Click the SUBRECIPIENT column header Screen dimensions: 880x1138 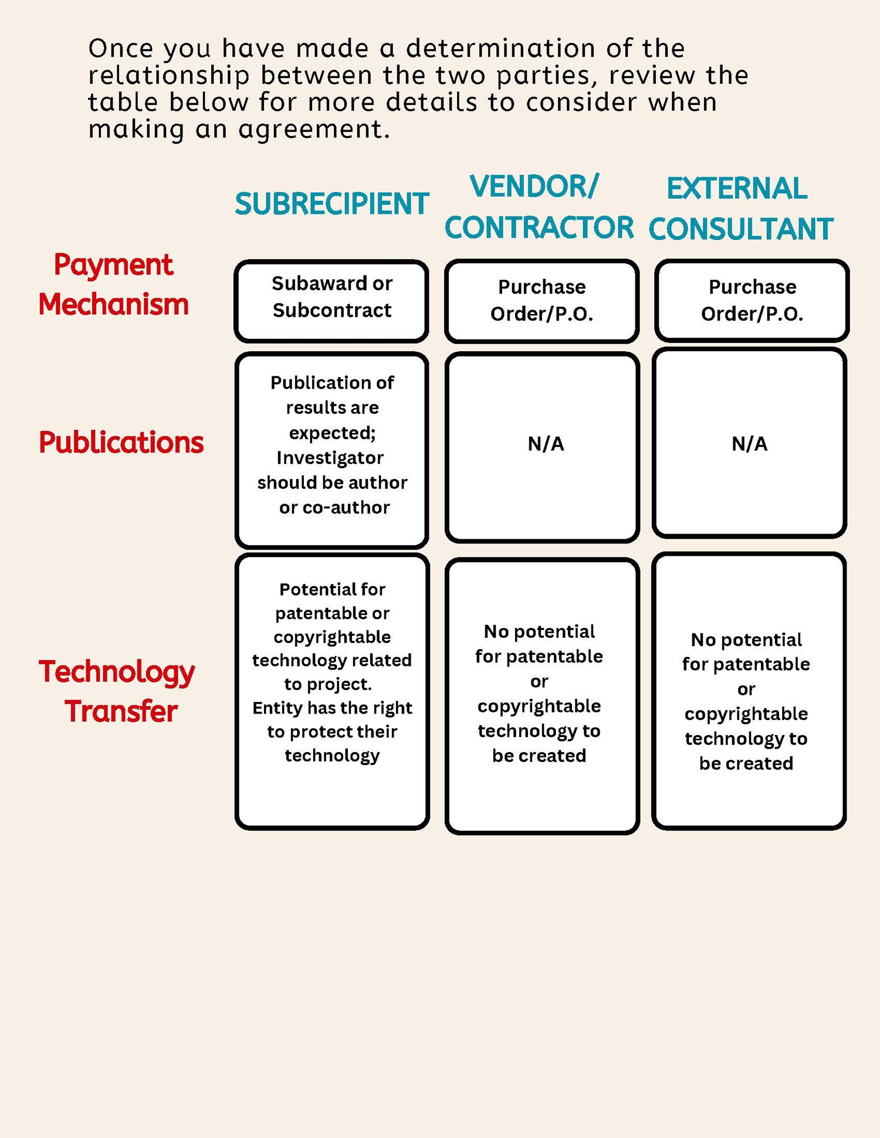(x=332, y=204)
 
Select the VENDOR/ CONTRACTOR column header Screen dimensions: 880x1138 (x=539, y=207)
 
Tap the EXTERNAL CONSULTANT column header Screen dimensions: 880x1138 (x=741, y=209)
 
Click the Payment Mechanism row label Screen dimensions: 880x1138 (x=114, y=285)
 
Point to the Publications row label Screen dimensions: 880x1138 (x=121, y=442)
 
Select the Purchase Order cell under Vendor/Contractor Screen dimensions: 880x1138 (x=542, y=301)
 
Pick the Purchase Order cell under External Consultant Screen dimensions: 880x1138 (x=753, y=301)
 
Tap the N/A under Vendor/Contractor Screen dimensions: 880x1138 (x=546, y=444)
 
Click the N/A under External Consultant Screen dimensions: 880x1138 (x=750, y=444)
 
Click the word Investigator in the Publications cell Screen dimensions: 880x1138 (x=330, y=458)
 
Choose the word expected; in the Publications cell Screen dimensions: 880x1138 (x=333, y=433)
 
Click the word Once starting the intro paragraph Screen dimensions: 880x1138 (x=120, y=48)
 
